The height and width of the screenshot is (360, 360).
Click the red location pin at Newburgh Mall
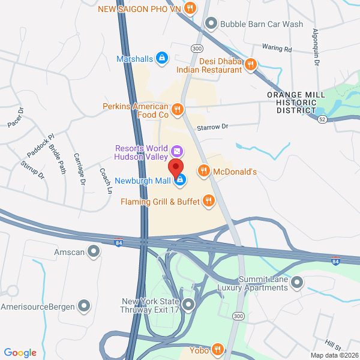175,167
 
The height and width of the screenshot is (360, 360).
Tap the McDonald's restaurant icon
204,172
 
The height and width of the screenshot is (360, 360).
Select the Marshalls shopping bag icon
161,58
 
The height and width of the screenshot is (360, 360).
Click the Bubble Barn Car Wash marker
211,24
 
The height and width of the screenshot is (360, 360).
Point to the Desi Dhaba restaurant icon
252,65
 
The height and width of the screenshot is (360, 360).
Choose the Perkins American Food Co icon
177,110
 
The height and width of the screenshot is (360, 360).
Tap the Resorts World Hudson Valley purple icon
176,151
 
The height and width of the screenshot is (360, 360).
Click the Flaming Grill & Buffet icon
209,201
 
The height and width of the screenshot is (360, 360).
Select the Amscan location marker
94,251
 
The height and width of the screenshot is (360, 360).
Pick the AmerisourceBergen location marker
85,307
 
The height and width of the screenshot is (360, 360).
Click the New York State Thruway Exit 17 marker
189,306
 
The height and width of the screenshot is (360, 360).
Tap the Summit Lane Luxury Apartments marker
296,281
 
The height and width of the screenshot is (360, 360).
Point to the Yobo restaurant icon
217,350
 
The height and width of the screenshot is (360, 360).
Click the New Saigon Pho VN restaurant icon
190,8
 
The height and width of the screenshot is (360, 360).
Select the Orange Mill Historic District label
296,103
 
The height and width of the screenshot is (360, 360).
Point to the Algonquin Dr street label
316,48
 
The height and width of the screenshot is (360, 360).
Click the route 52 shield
323,119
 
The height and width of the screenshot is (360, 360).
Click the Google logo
20,353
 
